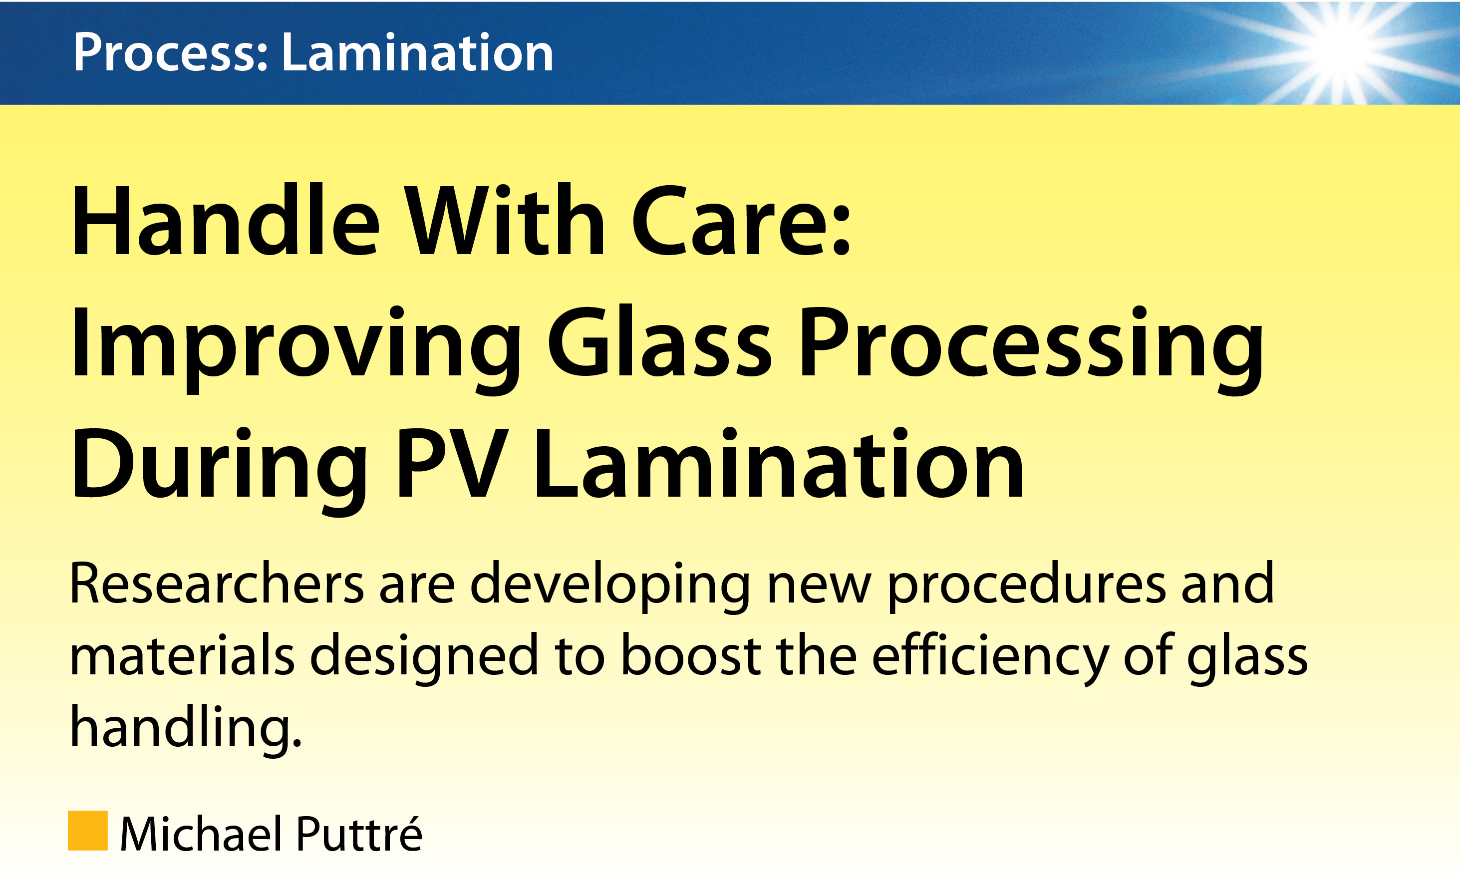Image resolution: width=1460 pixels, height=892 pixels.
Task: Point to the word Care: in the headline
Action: point(741,222)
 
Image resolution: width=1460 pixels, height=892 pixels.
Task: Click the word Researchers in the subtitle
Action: point(216,584)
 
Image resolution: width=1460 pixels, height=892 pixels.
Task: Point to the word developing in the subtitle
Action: point(610,587)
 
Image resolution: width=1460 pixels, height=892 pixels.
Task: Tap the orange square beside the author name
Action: point(88,831)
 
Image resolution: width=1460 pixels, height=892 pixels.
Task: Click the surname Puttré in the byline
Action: point(358,833)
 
